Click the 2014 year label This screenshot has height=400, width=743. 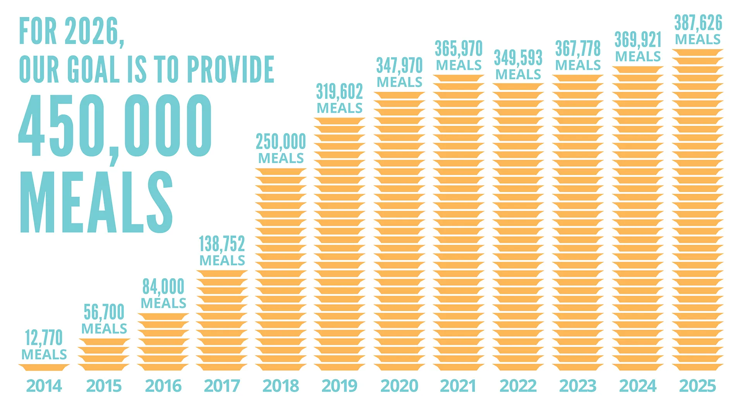[x=44, y=386]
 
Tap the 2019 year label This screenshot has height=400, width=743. [x=339, y=386]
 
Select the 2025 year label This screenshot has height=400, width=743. [x=697, y=386]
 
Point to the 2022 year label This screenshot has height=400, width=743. [x=518, y=386]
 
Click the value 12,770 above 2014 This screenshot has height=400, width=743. [x=44, y=338]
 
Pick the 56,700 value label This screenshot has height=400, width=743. [x=104, y=312]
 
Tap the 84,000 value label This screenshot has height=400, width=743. [x=163, y=286]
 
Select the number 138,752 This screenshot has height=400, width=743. [x=222, y=244]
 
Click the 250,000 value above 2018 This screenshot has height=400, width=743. [x=281, y=141]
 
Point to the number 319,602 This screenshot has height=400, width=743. [x=339, y=92]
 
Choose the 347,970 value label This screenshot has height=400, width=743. [x=399, y=65]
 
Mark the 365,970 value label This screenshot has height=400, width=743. [x=459, y=49]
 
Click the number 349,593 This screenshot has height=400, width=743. [x=518, y=58]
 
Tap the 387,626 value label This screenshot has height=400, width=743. [x=698, y=23]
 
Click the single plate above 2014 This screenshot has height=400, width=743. [x=44, y=367]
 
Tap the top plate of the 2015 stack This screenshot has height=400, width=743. [x=104, y=342]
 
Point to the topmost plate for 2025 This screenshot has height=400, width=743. [x=697, y=52]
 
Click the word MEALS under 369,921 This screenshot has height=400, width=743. [x=638, y=56]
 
